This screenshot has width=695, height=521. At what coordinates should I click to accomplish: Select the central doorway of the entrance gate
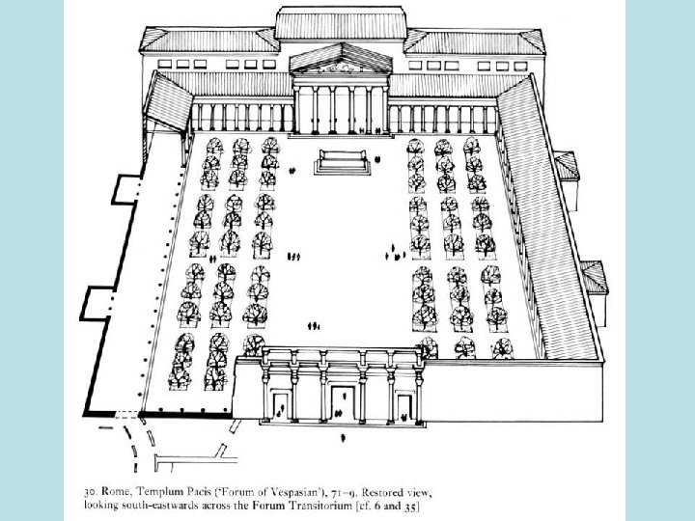[343, 404]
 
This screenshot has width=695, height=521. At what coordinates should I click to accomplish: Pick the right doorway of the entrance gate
[403, 404]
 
